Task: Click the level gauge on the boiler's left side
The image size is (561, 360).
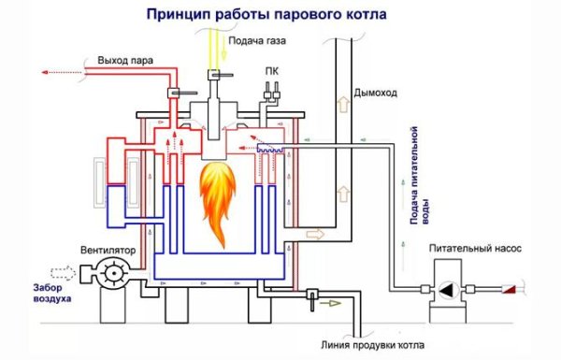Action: coord(99,174)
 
